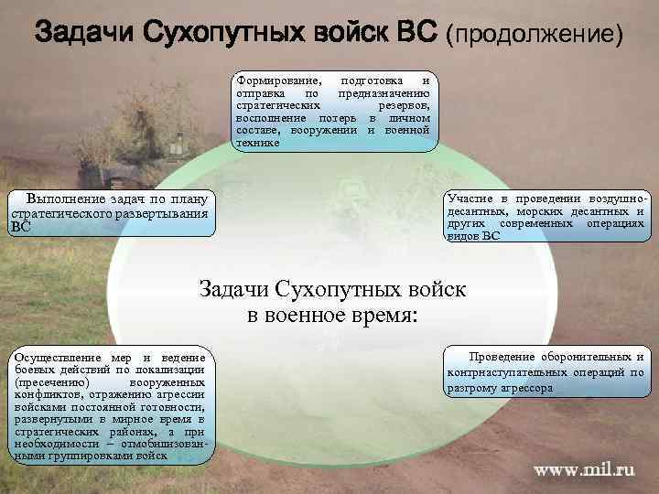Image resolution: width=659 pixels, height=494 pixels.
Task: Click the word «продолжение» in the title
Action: pyautogui.click(x=535, y=35)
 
